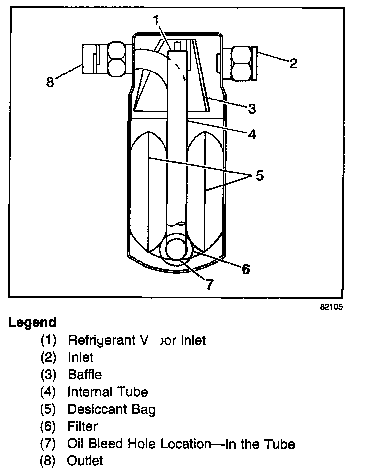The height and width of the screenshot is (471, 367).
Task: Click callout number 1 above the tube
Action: (157, 20)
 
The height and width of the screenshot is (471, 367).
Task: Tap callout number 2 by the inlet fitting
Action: (293, 63)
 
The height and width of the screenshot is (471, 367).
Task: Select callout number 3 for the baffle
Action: (252, 108)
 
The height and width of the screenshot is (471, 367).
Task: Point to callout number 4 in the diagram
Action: (252, 134)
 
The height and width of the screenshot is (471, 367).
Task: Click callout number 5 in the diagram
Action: (259, 176)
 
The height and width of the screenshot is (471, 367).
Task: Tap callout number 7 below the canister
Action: (210, 284)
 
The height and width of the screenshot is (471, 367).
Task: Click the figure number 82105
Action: (331, 307)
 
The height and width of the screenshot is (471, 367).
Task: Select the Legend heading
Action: (32, 322)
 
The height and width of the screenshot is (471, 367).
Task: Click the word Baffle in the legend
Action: (85, 375)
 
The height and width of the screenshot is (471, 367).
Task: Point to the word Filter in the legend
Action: (83, 427)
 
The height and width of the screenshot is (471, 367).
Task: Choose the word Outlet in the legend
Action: (85, 460)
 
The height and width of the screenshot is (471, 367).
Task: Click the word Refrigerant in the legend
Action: (97, 341)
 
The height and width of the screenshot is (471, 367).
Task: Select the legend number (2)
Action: (49, 358)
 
